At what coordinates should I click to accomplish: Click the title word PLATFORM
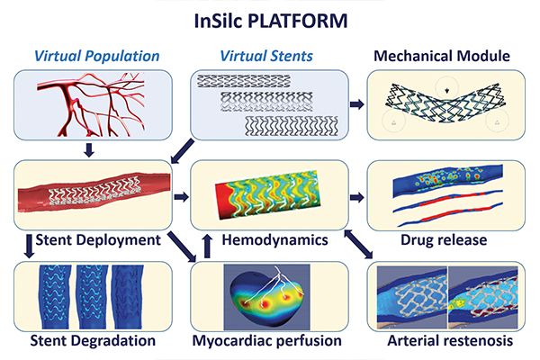click(x=298, y=21)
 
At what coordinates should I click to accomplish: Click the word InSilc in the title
click(x=219, y=21)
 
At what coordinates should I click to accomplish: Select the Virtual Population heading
click(x=97, y=56)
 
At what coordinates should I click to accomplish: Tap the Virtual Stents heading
click(x=266, y=56)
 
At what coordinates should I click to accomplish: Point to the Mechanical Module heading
click(x=442, y=56)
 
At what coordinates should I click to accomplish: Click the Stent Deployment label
click(x=98, y=240)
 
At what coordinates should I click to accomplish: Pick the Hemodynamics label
click(x=274, y=239)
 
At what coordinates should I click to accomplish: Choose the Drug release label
click(x=444, y=239)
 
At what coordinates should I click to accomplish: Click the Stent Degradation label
click(x=93, y=341)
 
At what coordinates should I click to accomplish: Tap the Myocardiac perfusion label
click(x=267, y=341)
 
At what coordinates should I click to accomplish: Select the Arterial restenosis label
click(x=450, y=340)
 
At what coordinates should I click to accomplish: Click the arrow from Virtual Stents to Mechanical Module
click(x=357, y=104)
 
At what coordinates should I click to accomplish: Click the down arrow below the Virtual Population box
click(x=89, y=150)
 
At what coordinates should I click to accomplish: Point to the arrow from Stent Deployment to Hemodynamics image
click(x=182, y=197)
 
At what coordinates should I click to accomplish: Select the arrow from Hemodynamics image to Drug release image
click(x=357, y=197)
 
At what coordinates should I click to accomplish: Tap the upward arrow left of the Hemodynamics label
click(x=207, y=246)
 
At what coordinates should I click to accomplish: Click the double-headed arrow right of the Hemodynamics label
click(x=358, y=244)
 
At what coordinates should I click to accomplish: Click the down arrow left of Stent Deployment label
click(x=30, y=246)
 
